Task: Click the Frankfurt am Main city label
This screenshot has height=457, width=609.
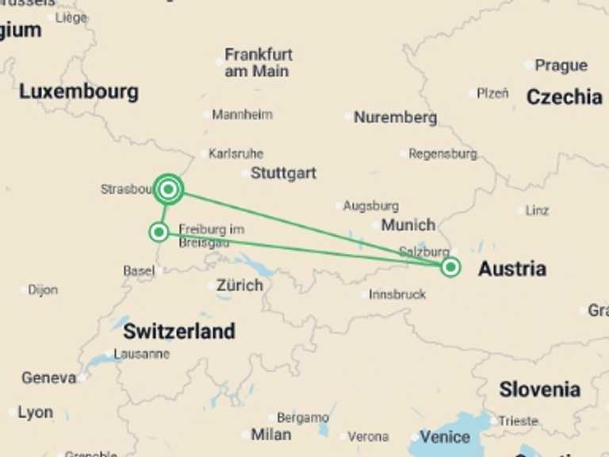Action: click(259, 63)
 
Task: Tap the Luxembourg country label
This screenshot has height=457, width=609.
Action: click(79, 91)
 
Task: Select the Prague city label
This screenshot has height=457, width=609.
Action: click(561, 65)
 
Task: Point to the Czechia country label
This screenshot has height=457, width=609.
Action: click(564, 97)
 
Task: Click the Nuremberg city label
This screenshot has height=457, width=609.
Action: click(395, 117)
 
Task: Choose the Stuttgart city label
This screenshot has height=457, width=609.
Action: click(283, 173)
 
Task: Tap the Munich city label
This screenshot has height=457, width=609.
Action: click(408, 225)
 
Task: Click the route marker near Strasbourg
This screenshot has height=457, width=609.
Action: click(168, 189)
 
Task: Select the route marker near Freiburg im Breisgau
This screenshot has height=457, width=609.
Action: click(159, 232)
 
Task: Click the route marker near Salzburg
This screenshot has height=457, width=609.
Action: click(450, 267)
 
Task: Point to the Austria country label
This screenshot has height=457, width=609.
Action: click(511, 269)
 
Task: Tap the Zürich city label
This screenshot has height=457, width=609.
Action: click(239, 285)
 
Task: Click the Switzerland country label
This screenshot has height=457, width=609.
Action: click(179, 331)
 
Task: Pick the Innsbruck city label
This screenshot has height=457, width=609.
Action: click(397, 294)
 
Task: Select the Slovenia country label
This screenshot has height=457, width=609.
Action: click(539, 390)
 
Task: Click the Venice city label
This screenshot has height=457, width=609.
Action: click(445, 436)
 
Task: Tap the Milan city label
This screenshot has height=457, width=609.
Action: click(270, 435)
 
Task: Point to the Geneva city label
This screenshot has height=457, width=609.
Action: click(49, 378)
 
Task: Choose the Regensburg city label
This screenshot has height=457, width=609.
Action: click(442, 154)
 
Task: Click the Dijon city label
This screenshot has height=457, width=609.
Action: click(43, 290)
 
